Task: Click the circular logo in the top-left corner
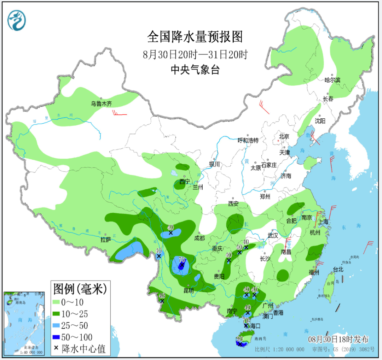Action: coord(17,20)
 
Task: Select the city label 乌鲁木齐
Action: coord(101,104)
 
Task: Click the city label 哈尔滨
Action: coord(332,80)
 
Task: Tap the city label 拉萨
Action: coord(106,240)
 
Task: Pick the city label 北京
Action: coord(284,136)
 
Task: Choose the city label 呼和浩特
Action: coord(248,140)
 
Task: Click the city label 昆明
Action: coord(189,291)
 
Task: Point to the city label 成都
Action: coord(199,238)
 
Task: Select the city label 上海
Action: coord(323,222)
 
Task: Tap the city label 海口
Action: coord(255,326)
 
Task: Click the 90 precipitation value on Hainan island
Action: coord(239,338)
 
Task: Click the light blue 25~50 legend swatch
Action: coord(56,326)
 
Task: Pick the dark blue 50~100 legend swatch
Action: coord(56,337)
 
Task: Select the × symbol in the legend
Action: coord(56,348)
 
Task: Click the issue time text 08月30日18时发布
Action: coord(338,340)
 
